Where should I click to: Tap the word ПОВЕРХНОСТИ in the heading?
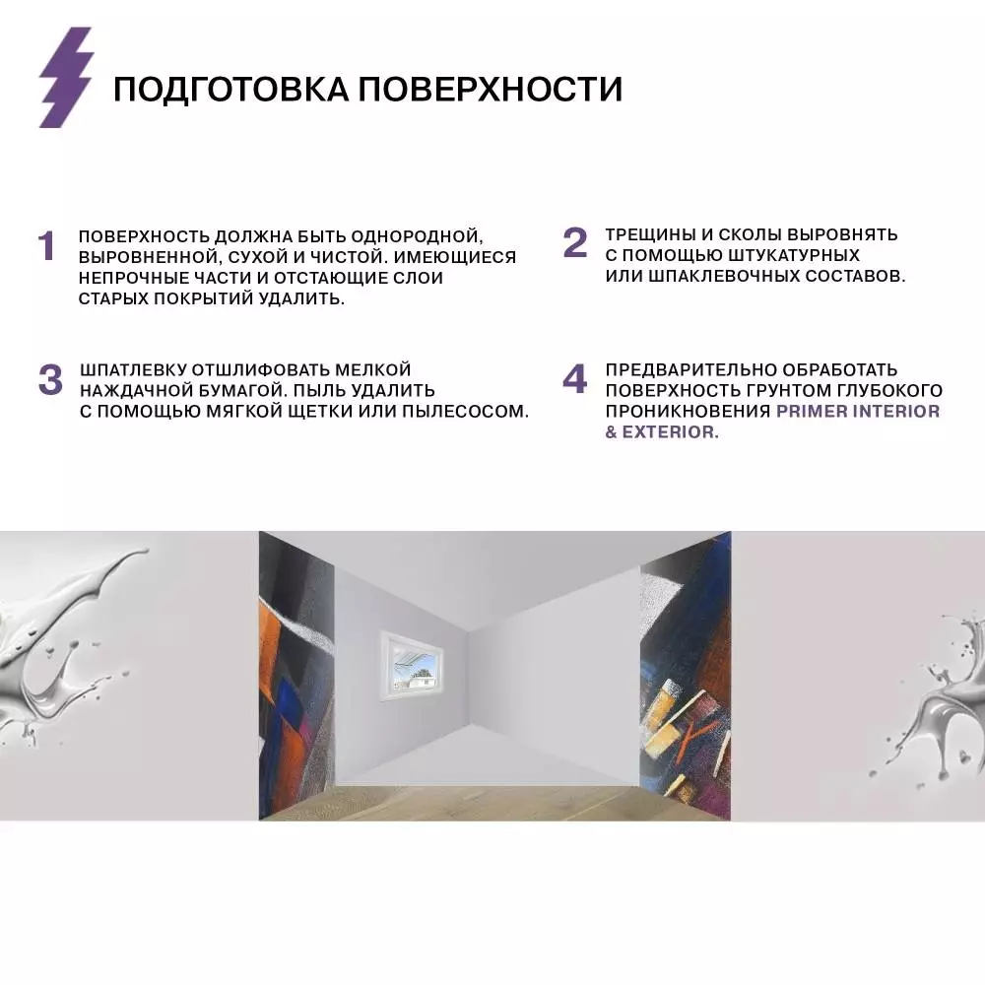tap(490, 89)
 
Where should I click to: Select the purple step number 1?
tap(46, 246)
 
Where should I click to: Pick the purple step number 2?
tap(575, 243)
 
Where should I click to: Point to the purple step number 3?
tap(50, 380)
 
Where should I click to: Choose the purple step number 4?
tap(575, 380)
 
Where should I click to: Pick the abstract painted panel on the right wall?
tap(686, 680)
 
